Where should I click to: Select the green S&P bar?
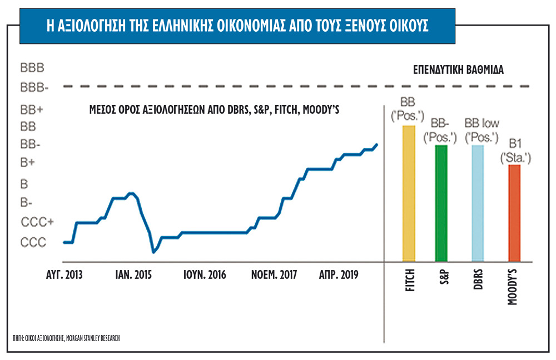pyautogui.click(x=441, y=203)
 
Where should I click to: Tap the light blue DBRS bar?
pyautogui.click(x=478, y=203)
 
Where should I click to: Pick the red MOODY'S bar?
pyautogui.click(x=514, y=213)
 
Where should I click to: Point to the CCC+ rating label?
pyautogui.click(x=37, y=222)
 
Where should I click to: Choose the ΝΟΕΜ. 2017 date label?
pyautogui.click(x=274, y=275)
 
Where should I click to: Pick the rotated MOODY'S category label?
pyautogui.click(x=513, y=286)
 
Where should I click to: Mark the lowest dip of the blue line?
pyautogui.click(x=153, y=252)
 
